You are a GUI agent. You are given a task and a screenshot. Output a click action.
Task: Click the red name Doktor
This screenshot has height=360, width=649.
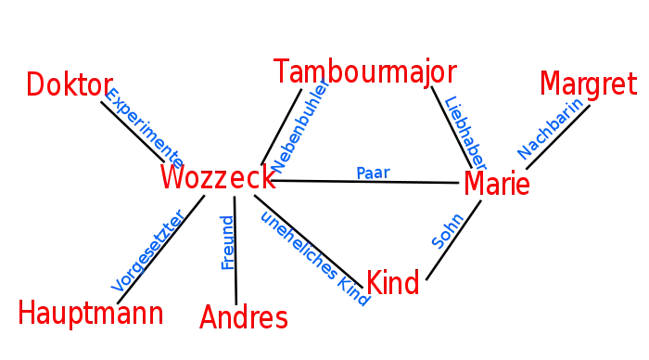69,85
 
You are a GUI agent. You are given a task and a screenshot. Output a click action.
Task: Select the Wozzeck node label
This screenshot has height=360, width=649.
218,178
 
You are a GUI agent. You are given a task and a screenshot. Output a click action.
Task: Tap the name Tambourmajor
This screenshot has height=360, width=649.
364,72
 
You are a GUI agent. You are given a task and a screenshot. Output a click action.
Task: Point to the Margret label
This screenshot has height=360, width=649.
589,84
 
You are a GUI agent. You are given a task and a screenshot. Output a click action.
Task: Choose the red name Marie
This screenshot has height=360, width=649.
497,184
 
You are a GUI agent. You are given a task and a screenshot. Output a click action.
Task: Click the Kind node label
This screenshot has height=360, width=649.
392,283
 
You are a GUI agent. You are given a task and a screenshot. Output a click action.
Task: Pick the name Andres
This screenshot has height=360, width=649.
243,318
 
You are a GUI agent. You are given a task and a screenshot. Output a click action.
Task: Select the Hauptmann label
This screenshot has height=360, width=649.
90,313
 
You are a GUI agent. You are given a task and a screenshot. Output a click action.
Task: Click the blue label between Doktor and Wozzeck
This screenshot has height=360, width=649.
144,124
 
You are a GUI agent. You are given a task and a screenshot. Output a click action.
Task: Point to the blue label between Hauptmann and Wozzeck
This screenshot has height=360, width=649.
146,251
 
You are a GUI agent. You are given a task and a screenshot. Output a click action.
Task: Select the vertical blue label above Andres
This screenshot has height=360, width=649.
226,244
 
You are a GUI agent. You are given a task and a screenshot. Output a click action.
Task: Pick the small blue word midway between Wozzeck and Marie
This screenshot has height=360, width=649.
374,172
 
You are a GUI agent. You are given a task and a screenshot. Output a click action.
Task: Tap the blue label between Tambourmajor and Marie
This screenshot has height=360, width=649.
465,127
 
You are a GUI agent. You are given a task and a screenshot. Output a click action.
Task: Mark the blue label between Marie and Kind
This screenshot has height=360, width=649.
445,232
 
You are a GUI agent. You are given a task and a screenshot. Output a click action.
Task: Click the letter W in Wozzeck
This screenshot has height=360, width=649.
172,178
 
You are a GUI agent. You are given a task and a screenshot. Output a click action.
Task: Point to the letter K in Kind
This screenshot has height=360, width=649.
373,283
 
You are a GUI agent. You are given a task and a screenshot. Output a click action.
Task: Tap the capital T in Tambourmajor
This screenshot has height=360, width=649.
283,72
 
